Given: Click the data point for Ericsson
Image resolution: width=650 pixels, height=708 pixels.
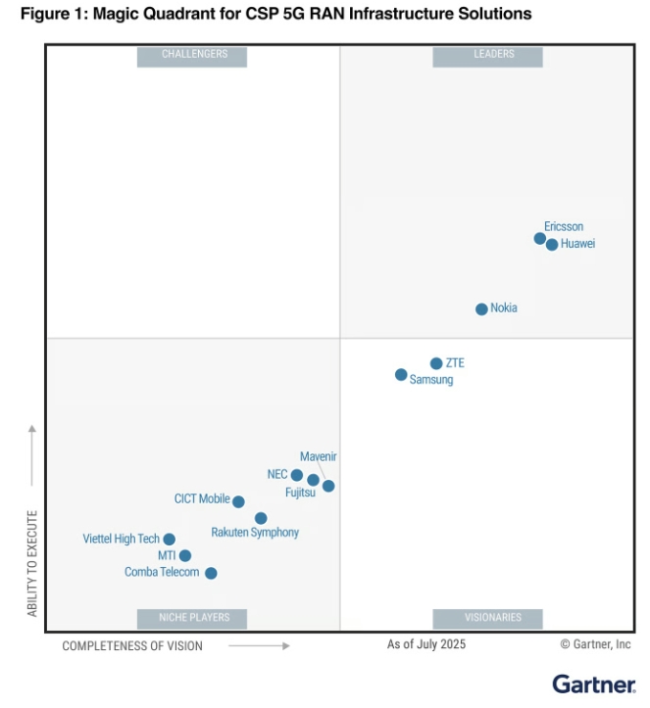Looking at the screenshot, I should [x=539, y=238].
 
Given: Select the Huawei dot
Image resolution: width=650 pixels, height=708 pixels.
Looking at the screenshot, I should [x=552, y=245].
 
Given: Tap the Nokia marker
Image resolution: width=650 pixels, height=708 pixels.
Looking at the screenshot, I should [x=481, y=309].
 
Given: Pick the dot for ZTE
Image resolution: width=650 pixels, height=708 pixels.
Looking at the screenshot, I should [x=436, y=363].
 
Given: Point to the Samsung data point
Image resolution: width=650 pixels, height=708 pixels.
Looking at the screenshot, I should [x=401, y=375].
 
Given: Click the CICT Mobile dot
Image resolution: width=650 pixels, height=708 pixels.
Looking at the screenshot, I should [x=238, y=501].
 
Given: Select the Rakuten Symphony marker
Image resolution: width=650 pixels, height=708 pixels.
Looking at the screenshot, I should [x=261, y=518].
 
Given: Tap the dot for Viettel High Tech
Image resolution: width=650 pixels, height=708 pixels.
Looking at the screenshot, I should [x=169, y=540].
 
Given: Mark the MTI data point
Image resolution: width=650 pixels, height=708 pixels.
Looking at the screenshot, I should [x=185, y=556].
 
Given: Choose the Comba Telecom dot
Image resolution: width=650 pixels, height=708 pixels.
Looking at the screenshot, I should [x=211, y=573].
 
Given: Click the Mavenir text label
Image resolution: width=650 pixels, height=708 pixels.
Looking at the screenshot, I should [x=319, y=456].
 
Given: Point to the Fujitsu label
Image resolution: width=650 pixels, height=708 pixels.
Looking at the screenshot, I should [x=301, y=493].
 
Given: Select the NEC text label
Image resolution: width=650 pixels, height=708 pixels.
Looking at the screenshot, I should [x=277, y=474].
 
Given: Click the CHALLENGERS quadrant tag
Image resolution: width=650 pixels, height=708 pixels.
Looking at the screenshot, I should [x=194, y=55].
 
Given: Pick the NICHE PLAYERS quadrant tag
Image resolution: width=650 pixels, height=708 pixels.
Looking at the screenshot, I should [x=194, y=618].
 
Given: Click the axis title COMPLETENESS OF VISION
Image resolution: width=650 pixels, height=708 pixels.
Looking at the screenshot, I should [x=132, y=646].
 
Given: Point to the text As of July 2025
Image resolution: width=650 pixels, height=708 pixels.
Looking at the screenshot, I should [x=426, y=644].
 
